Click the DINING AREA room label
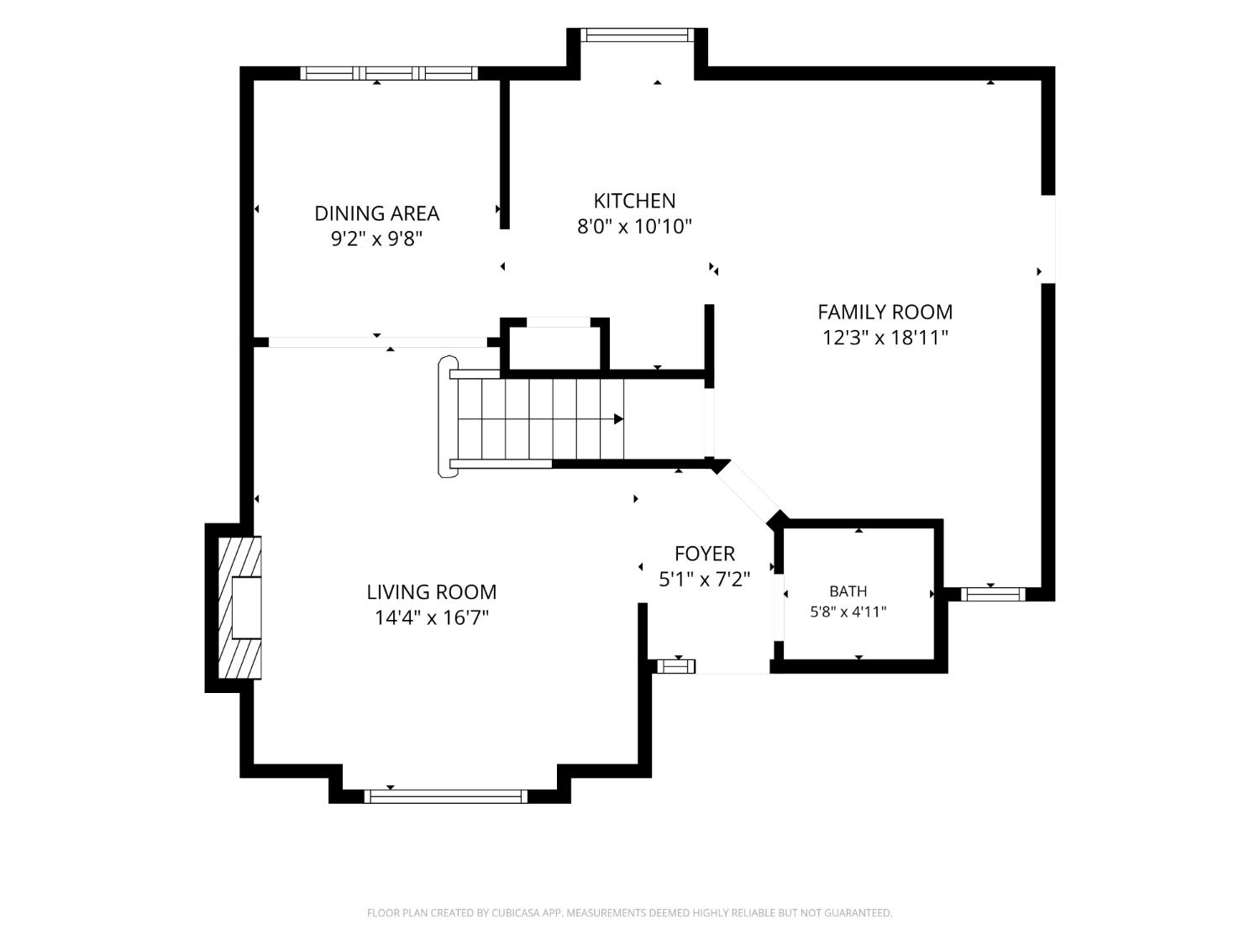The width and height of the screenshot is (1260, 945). click(376, 213)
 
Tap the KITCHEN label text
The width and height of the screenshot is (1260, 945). click(634, 201)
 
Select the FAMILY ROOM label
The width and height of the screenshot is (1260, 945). click(885, 312)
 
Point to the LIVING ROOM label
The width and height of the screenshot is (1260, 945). click(431, 592)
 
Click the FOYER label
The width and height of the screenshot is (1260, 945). click(704, 554)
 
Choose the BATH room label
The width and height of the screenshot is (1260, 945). click(848, 591)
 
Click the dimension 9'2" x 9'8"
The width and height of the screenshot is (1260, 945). click(376, 239)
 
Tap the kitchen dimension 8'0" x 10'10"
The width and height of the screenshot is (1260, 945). click(634, 227)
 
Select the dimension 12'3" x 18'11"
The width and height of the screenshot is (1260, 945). click(885, 338)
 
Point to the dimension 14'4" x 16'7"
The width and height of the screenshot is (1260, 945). click(431, 618)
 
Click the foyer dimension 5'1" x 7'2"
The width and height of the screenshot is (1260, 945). click(704, 580)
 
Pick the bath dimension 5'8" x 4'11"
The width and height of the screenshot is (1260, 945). click(848, 612)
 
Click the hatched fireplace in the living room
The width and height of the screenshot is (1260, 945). click(240, 607)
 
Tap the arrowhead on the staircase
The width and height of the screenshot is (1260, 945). click(618, 419)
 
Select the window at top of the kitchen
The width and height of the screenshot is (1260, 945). click(638, 35)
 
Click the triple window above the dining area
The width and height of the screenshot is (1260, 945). click(389, 73)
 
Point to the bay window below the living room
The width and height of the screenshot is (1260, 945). click(445, 796)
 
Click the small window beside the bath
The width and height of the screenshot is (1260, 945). click(993, 594)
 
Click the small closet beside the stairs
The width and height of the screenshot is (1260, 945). click(554, 348)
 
